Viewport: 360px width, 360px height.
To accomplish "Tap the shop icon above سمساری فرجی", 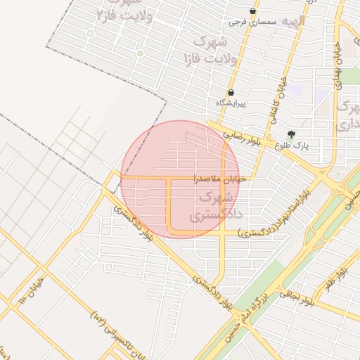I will tap(253, 11).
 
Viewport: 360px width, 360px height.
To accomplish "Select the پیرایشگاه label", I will tap(231, 103).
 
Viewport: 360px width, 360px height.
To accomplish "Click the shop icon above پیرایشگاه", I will tap(231, 92).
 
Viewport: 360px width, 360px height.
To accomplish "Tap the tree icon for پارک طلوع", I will tap(292, 134).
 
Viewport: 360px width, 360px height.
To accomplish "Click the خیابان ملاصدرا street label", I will tap(221, 179).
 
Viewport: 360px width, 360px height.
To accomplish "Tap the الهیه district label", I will tap(294, 21).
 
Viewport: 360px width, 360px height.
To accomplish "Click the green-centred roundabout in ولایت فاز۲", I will tap(140, 53).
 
